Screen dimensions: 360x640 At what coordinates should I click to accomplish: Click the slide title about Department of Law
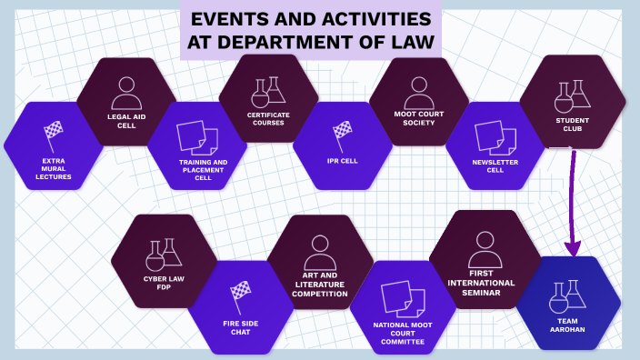[310, 30]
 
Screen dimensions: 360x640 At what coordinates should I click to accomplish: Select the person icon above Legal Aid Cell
[126, 92]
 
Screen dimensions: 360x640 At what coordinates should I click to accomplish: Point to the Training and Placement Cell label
[203, 170]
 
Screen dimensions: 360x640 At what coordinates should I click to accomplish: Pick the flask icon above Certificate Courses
[268, 91]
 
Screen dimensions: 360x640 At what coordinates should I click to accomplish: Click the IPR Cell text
[343, 161]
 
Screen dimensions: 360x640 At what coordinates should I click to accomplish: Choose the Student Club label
[572, 124]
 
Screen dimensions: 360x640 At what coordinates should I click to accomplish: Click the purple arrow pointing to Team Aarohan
[573, 205]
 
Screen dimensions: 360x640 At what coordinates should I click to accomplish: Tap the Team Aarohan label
[568, 325]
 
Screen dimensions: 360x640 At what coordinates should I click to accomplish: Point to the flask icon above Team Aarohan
[568, 296]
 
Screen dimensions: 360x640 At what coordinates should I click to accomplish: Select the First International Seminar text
[481, 282]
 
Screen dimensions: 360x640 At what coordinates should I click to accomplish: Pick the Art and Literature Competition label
[319, 284]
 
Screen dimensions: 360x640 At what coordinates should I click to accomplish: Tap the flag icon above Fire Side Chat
[240, 295]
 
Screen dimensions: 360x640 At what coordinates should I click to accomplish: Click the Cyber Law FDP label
[164, 283]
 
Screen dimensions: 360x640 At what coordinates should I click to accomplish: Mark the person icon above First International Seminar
[484, 247]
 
